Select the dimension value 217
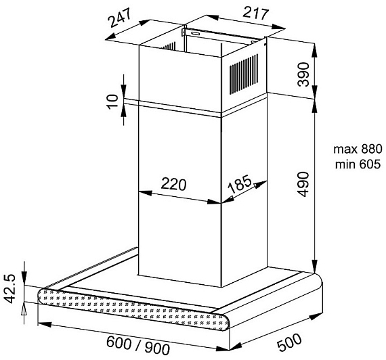[x=255, y=13]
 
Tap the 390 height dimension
[x=303, y=74]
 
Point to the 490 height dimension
[x=303, y=184]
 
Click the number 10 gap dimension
[x=112, y=101]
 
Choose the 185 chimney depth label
[x=240, y=184]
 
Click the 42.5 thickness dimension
[x=10, y=289]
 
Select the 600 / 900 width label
[x=138, y=346]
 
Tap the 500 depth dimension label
[x=289, y=342]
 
